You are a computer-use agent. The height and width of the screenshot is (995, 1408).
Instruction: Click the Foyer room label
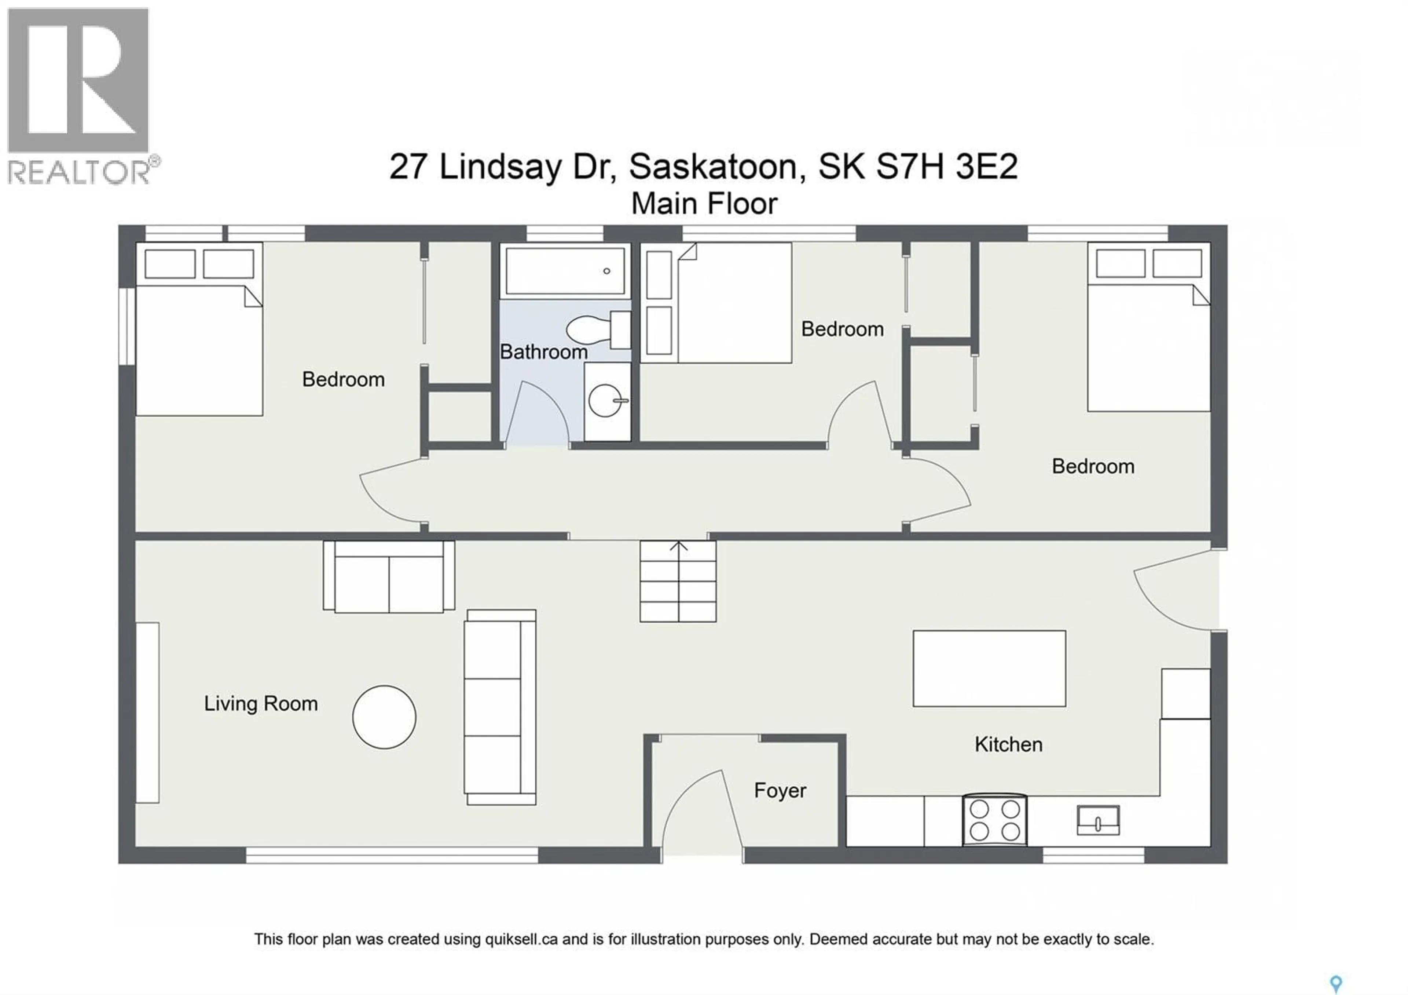pyautogui.click(x=780, y=791)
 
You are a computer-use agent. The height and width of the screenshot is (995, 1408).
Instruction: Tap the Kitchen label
pyautogui.click(x=1008, y=745)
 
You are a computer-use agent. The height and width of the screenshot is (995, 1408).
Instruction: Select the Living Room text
pyautogui.click(x=261, y=704)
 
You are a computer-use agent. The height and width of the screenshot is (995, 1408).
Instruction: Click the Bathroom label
pyautogui.click(x=543, y=352)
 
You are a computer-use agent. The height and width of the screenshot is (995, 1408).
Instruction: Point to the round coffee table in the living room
pyautogui.click(x=384, y=717)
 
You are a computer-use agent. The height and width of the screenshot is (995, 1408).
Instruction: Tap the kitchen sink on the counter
pyautogui.click(x=1098, y=820)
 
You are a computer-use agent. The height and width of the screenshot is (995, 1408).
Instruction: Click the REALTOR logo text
pyautogui.click(x=78, y=172)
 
